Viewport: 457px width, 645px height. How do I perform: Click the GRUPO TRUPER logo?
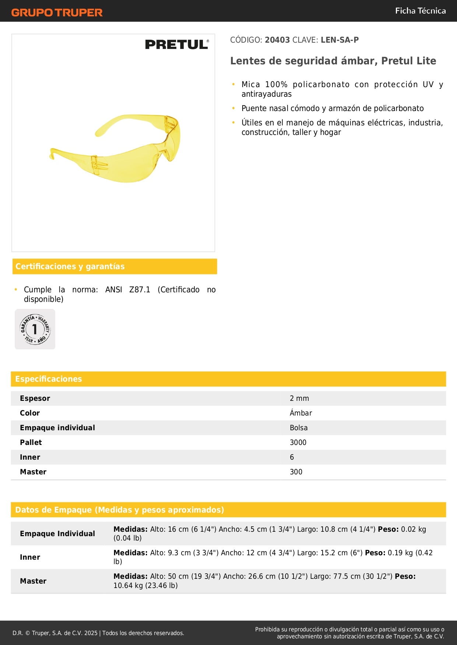click(57, 13)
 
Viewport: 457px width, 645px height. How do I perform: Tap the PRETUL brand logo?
click(177, 44)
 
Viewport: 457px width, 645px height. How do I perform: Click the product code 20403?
click(277, 40)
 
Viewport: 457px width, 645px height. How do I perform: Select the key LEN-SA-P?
click(340, 40)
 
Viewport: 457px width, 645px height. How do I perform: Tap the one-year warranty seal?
click(35, 329)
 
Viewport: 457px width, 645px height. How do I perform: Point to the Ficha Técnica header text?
click(420, 11)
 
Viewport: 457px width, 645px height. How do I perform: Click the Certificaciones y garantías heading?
click(70, 267)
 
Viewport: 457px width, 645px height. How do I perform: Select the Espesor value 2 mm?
click(299, 398)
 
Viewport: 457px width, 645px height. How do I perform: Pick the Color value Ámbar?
click(301, 413)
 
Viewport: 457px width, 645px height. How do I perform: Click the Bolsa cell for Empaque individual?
click(299, 428)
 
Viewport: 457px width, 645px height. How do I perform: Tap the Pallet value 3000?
click(298, 442)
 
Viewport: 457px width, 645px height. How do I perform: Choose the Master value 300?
click(296, 472)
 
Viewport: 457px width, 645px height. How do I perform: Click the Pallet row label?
click(31, 442)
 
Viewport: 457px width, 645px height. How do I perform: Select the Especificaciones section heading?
click(49, 379)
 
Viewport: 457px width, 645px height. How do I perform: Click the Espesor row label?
click(35, 398)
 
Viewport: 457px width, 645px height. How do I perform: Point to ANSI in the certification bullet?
click(113, 290)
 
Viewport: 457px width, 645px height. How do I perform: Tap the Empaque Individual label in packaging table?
click(57, 534)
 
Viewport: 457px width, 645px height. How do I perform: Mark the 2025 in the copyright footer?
click(91, 633)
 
